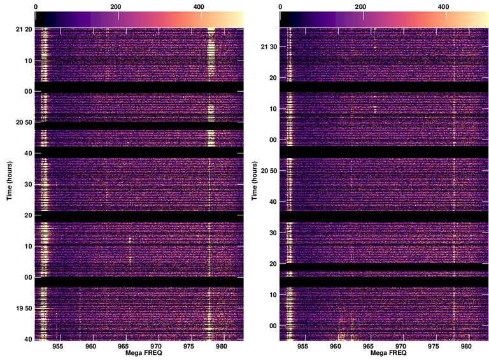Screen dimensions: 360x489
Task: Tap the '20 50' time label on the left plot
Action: point(24,122)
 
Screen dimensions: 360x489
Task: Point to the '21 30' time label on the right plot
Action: point(269,47)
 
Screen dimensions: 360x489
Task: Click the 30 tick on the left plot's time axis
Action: point(29,184)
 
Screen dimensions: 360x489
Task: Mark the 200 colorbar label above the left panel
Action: point(116,6)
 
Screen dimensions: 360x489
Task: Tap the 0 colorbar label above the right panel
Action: point(280,6)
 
